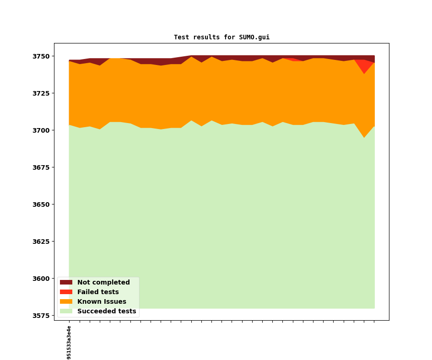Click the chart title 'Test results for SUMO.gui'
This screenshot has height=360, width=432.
point(221,38)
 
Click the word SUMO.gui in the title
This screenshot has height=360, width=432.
point(254,38)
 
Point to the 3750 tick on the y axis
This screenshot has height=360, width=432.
point(42,56)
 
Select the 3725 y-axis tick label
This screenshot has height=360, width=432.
point(42,93)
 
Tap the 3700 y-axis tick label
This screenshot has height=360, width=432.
point(42,130)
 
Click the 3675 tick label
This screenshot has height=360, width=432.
point(42,167)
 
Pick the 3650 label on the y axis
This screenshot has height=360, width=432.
point(42,204)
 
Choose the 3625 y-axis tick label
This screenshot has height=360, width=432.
point(42,242)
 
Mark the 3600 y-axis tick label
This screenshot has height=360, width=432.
point(42,279)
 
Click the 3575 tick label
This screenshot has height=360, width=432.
point(42,316)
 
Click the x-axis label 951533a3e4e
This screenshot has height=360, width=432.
point(69,342)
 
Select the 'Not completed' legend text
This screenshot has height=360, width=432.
point(103,283)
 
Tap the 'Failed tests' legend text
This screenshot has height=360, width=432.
point(98,292)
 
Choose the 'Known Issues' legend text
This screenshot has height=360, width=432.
point(102,302)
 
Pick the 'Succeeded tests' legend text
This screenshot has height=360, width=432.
point(107,312)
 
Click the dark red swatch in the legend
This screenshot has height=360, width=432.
point(66,283)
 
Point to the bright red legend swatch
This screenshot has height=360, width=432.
point(66,292)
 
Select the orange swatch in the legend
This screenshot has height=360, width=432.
point(66,302)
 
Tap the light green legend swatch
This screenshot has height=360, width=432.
point(66,312)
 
